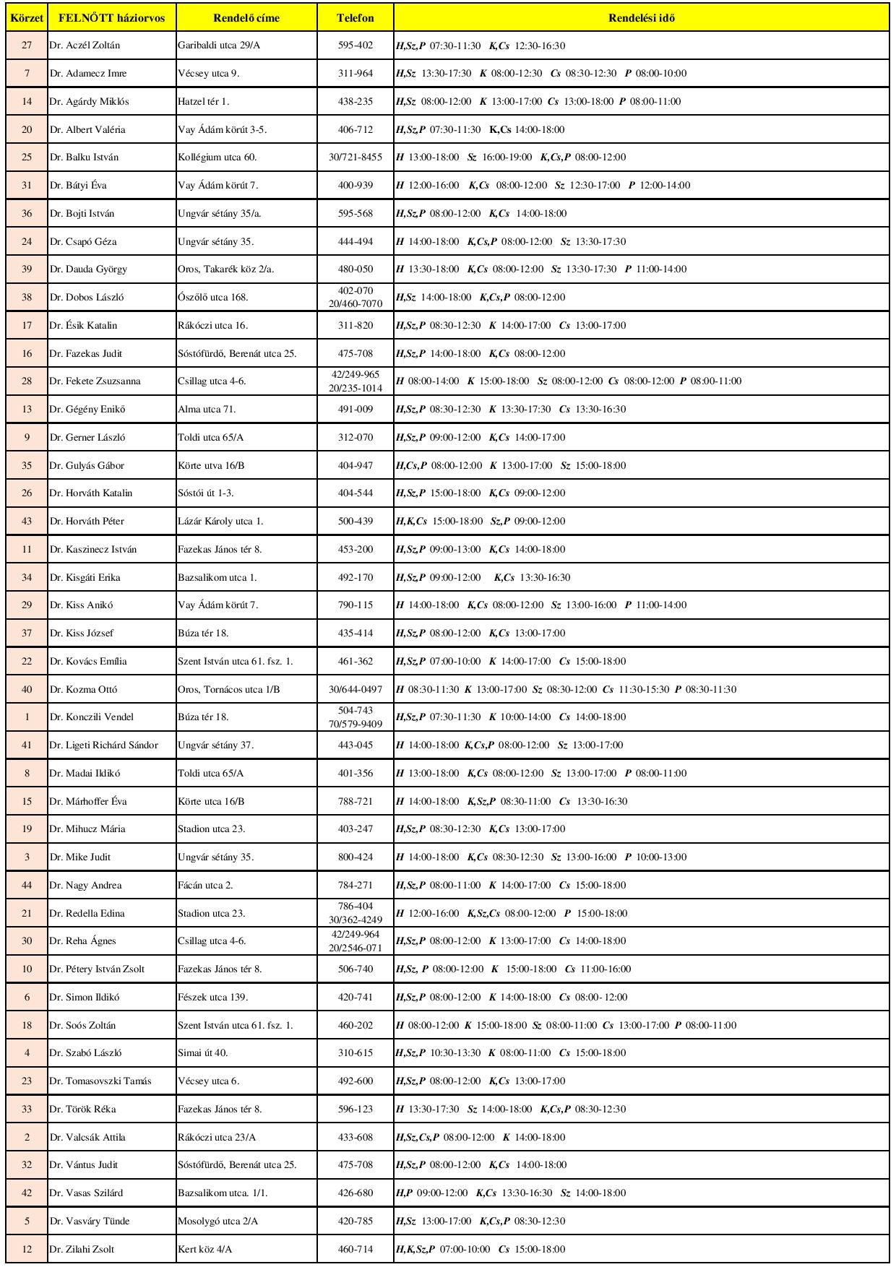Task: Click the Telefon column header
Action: [356, 18]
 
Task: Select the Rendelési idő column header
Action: [642, 18]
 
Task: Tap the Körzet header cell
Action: [27, 18]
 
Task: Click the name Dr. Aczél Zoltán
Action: [85, 46]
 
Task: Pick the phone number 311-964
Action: [356, 74]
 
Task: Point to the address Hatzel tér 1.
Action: [204, 102]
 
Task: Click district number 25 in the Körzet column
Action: [27, 157]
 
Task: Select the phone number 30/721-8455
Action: [356, 157]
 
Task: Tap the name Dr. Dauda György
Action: [88, 269]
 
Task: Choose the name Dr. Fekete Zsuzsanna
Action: [95, 381]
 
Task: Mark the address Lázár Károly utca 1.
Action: [220, 522]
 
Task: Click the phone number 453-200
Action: [356, 550]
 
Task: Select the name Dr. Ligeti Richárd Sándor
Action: [103, 745]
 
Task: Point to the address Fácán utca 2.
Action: [205, 886]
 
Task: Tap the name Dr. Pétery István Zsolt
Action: [97, 969]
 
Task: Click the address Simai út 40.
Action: [203, 1053]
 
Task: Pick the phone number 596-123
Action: [356, 1110]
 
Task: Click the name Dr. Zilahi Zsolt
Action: [82, 1250]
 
